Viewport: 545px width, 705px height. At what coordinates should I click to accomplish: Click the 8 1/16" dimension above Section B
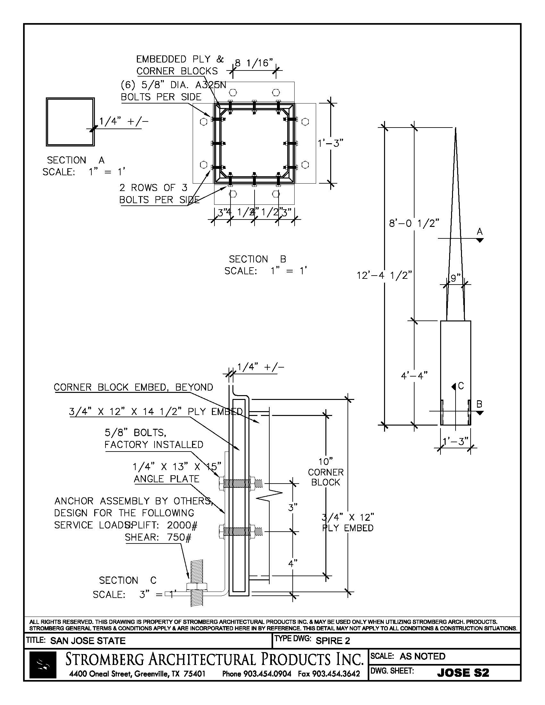point(254,63)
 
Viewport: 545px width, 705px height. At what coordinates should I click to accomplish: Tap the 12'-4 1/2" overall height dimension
point(384,275)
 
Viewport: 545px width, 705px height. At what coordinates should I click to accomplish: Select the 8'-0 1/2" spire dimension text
point(414,223)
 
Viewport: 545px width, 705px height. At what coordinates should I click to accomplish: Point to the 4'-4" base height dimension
point(414,376)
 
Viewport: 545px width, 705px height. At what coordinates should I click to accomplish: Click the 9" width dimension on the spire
point(455,278)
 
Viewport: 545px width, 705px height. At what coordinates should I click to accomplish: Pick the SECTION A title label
point(76,160)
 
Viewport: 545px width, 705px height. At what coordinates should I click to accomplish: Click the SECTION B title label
point(257,259)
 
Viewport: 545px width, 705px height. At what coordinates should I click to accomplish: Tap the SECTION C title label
point(128,580)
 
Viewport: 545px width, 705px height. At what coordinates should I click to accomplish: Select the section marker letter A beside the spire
point(480,231)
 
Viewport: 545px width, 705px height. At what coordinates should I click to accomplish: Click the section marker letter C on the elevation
point(461,386)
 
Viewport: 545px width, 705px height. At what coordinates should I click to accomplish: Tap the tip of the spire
point(456,129)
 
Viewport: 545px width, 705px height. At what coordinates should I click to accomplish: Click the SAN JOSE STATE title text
point(88,641)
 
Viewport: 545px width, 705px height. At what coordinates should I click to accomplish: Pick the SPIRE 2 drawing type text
point(332,641)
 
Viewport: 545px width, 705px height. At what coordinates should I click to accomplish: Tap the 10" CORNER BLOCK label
point(325,472)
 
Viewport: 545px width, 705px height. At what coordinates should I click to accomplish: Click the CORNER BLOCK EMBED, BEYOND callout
point(133,387)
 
